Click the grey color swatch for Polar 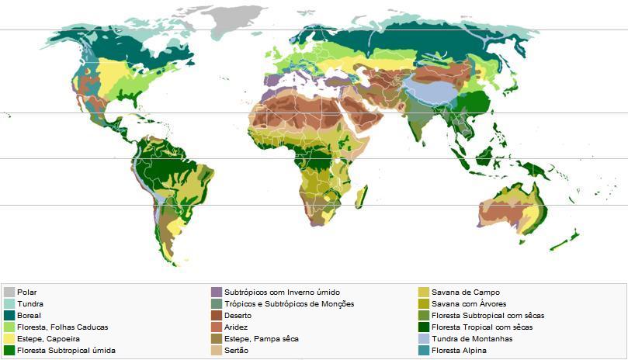point(9,292)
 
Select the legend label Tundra point(30,304)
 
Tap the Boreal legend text point(29,316)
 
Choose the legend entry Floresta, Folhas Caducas point(62,327)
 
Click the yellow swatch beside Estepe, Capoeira point(9,339)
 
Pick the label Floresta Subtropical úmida point(66,351)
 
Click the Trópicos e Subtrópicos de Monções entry point(289,304)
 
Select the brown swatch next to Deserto point(217,316)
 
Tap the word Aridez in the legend point(236,327)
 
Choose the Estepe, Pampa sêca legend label point(261,339)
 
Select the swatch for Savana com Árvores point(424,304)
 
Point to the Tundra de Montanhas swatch point(424,339)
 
